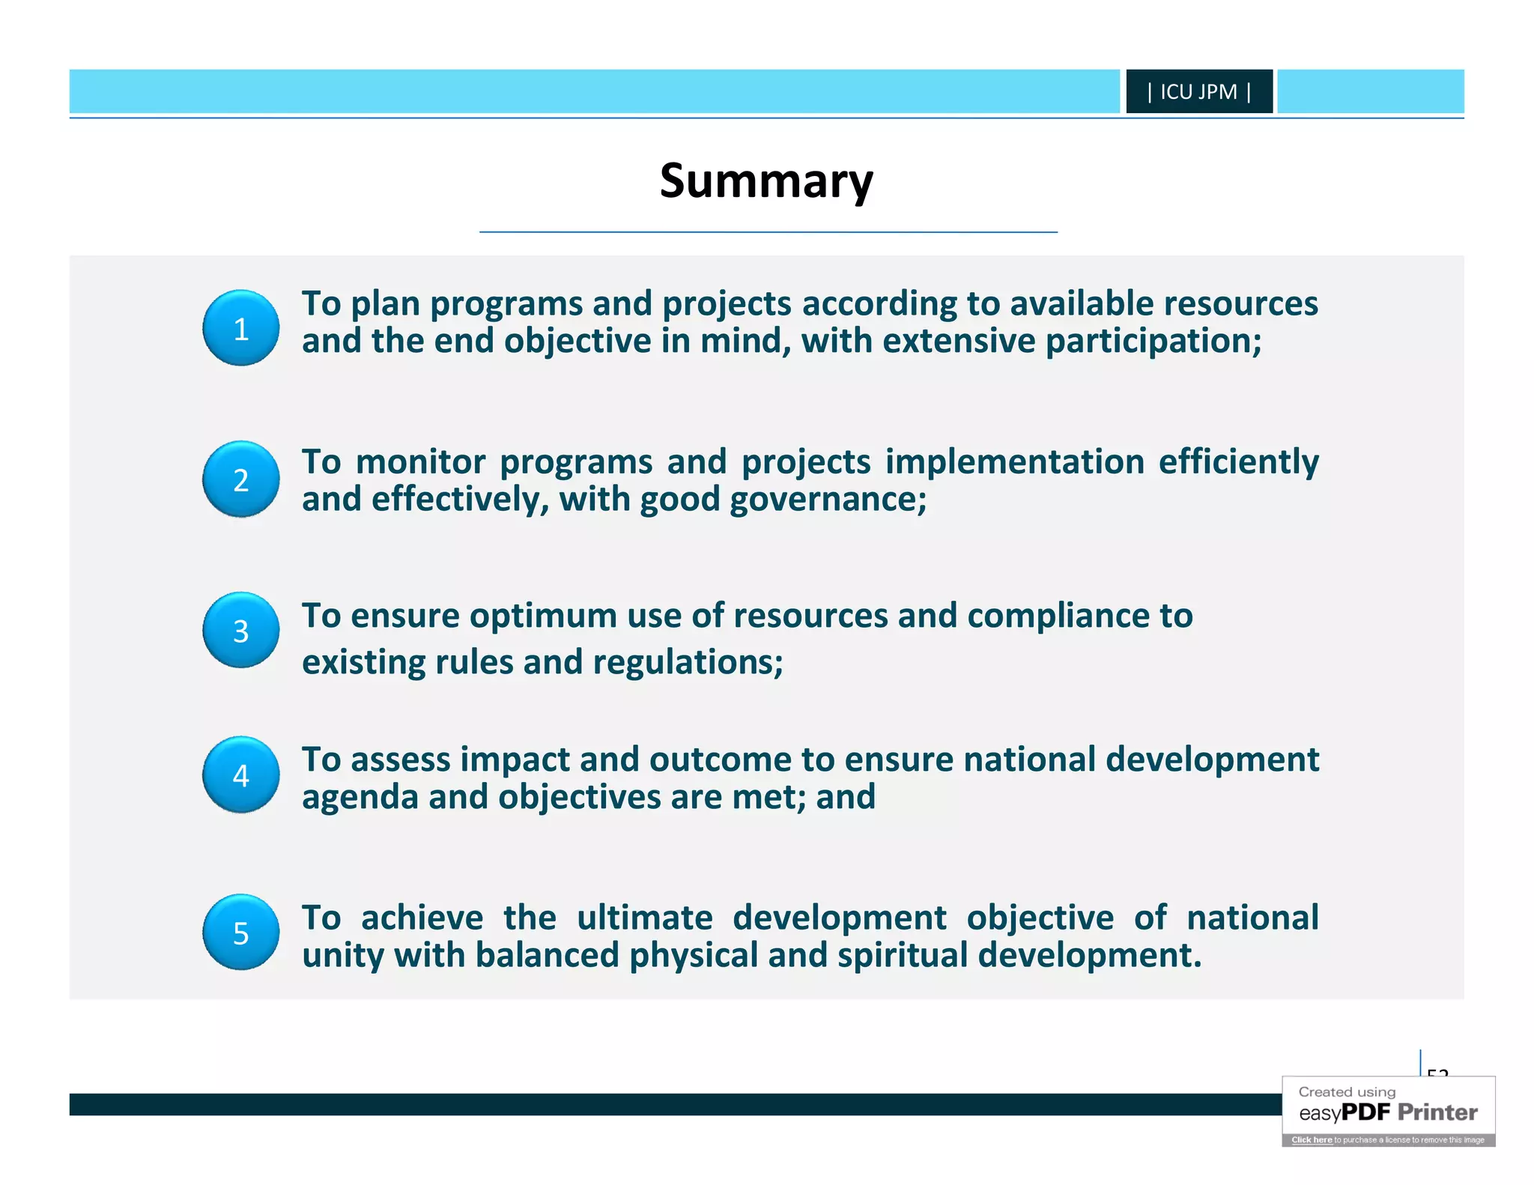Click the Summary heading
click(766, 181)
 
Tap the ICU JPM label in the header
click(1198, 91)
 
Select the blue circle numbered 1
click(240, 328)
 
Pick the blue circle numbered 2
click(240, 479)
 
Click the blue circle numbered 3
click(240, 631)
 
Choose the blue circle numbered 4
click(240, 775)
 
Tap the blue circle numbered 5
click(240, 933)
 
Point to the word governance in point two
click(828, 500)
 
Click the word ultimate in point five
click(644, 918)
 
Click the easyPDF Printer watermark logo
click(1388, 1112)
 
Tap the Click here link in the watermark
click(1312, 1140)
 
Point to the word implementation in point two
click(1014, 462)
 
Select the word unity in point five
click(343, 956)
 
